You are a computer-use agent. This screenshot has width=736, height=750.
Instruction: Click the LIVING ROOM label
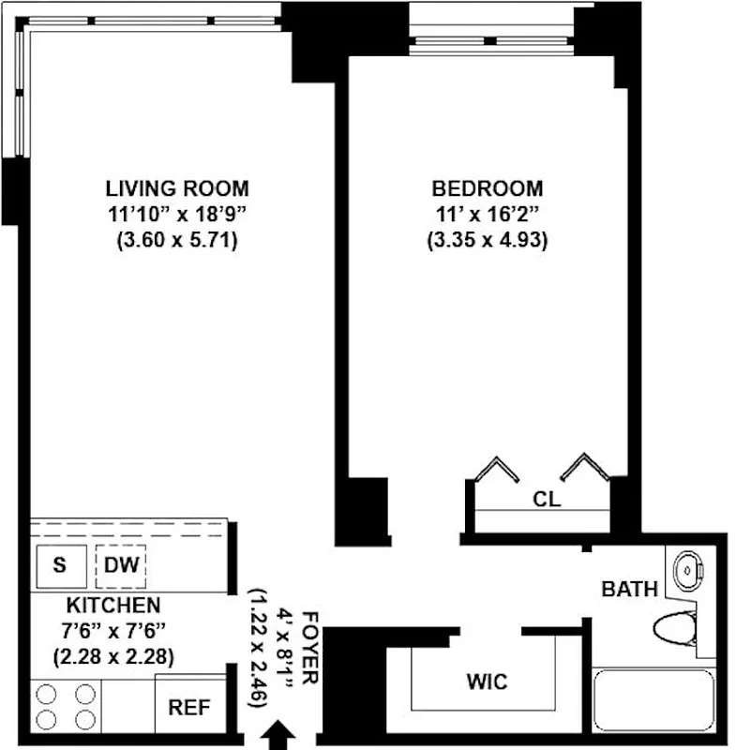pos(176,187)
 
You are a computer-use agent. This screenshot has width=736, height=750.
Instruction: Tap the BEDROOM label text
pos(487,187)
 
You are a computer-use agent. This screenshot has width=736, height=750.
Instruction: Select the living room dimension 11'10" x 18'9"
pos(176,214)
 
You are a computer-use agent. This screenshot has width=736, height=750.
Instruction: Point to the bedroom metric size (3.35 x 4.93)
pos(487,240)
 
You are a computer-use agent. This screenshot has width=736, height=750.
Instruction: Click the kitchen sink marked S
pos(59,565)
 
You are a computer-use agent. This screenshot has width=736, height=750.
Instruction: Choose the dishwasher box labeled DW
pos(121,565)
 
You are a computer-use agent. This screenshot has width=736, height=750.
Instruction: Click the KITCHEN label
pos(113,606)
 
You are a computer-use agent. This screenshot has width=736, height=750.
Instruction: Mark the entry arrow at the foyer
pos(276,735)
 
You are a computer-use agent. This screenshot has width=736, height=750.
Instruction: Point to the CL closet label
pos(546,500)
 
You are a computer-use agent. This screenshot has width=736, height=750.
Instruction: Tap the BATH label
pos(629,590)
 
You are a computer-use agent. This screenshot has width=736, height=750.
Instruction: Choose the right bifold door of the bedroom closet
pos(592,468)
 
